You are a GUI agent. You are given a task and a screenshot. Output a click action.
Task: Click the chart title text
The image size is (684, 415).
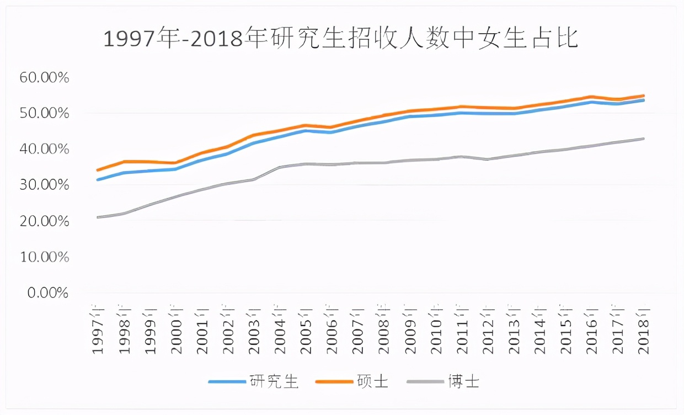[341, 40]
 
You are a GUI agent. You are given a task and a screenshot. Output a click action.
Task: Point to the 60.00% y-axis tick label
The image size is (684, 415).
[44, 78]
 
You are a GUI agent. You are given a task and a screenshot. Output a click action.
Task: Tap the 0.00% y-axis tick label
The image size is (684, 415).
[47, 293]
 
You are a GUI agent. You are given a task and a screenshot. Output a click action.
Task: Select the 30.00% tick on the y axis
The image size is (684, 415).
[44, 185]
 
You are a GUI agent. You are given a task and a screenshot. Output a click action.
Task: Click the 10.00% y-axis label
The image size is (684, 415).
[44, 257]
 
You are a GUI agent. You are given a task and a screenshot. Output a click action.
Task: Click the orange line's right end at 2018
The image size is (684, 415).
[644, 96]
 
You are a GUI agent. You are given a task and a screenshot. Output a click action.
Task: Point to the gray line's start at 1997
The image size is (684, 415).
[98, 217]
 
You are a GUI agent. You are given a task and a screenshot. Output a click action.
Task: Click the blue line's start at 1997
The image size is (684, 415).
[98, 180]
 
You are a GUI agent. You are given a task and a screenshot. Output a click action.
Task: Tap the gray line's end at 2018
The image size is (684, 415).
[644, 139]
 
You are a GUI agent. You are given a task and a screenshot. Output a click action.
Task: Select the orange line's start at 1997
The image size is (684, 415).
[98, 170]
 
